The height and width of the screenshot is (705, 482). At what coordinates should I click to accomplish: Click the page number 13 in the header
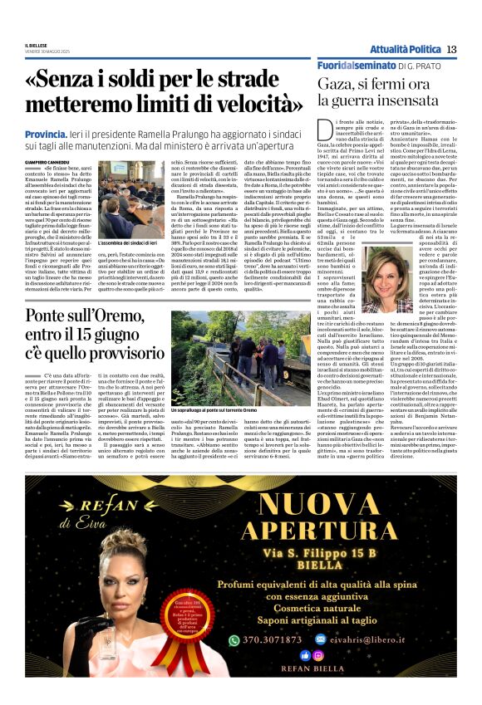pos(451,49)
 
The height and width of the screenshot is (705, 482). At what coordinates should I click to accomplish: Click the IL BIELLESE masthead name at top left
pos(37,45)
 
